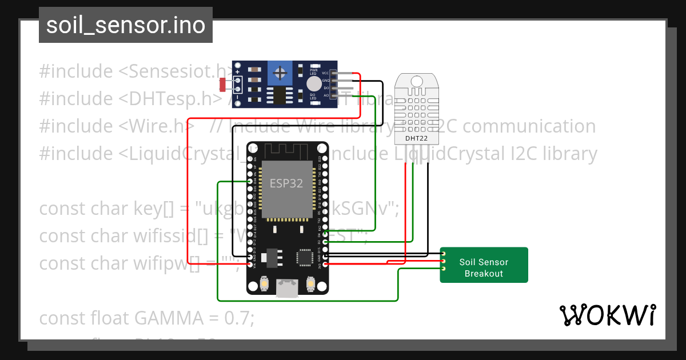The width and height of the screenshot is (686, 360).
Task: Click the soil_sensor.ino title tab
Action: [x=126, y=25]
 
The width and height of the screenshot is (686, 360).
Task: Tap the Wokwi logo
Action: [x=607, y=315]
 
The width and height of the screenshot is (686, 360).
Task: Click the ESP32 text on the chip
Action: [x=286, y=183]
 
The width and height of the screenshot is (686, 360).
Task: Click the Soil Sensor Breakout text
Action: [x=484, y=267]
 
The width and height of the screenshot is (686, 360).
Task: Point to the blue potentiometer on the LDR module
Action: [x=280, y=72]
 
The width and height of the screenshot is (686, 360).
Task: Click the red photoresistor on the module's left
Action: [x=224, y=85]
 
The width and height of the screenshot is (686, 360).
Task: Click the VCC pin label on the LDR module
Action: [x=325, y=73]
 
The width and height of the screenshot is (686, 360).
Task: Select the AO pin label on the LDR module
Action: [x=326, y=96]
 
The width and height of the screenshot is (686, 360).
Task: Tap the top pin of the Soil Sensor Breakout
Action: [x=442, y=253]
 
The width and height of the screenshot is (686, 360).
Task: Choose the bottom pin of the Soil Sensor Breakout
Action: [x=442, y=268]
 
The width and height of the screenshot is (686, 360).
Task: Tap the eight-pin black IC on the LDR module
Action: [x=279, y=95]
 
